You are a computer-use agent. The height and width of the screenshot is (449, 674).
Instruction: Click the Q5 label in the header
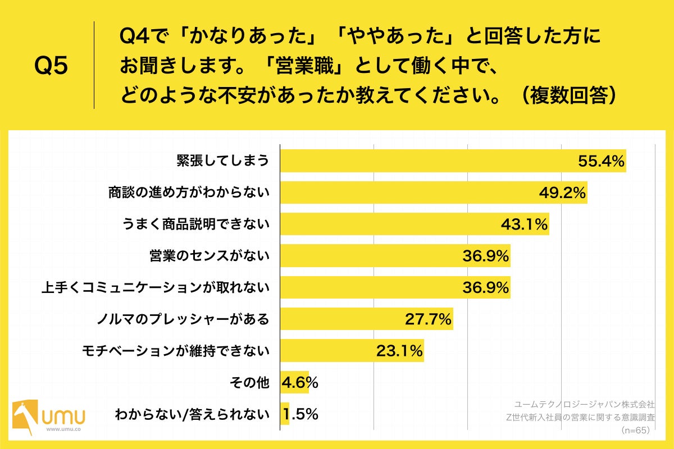[x=51, y=66]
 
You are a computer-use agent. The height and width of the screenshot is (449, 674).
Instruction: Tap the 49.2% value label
[x=562, y=193]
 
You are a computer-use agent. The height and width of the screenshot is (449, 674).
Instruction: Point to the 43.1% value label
[x=524, y=224]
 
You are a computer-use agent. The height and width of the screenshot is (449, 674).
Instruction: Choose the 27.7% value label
[x=428, y=320]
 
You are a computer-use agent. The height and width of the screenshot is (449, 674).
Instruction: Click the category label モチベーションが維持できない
[x=176, y=352]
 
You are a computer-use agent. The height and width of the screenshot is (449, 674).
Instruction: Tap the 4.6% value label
[x=300, y=383]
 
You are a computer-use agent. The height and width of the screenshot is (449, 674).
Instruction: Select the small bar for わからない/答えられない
[x=285, y=415]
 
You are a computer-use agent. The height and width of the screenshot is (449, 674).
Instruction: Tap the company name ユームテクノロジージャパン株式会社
[x=584, y=404]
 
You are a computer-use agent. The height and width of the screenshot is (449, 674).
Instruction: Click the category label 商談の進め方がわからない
[x=189, y=193]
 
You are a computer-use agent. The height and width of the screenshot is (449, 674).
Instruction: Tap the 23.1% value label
[x=399, y=352]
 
